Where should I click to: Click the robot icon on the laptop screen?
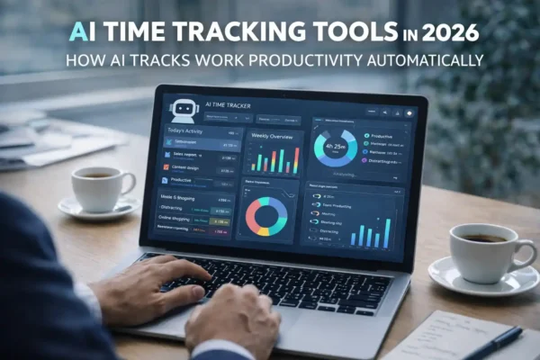[184, 107]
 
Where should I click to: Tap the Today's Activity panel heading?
[187, 130]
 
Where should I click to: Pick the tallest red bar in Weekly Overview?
[293, 159]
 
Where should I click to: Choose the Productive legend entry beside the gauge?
[383, 136]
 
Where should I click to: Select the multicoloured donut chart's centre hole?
[267, 216]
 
